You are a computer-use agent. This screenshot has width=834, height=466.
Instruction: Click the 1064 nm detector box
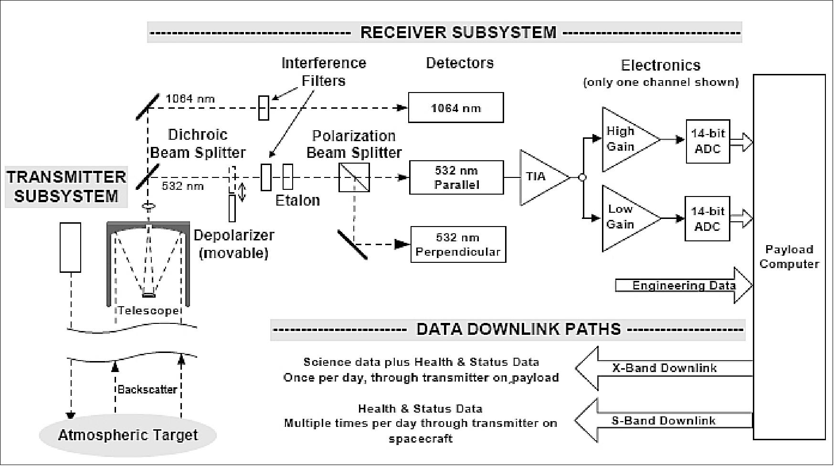point(455,108)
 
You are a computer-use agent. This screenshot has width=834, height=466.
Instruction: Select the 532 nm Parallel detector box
point(456,177)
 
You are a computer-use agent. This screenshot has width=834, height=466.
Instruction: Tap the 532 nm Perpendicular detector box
point(458,245)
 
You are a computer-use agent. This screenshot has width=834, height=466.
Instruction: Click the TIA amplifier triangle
point(539,177)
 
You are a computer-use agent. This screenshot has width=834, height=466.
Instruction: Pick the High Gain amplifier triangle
point(625,139)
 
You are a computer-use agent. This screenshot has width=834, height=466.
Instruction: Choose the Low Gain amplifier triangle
point(625,217)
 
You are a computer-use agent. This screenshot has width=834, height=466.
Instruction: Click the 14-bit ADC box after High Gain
point(707,142)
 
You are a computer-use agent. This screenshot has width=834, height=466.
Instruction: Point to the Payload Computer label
point(789,257)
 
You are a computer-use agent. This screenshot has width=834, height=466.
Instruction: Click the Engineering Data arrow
point(683,285)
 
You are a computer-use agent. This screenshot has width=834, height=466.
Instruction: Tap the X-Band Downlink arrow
point(664,368)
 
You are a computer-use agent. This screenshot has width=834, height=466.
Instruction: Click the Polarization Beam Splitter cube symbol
point(354,177)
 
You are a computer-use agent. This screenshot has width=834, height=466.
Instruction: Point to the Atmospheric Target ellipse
point(127,435)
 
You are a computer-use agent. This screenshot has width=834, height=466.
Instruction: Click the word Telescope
point(148,311)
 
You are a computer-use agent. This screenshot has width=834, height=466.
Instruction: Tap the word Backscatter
point(147,389)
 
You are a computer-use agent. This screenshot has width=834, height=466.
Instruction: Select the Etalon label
point(297,200)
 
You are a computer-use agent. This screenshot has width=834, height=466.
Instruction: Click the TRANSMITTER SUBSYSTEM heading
point(66,186)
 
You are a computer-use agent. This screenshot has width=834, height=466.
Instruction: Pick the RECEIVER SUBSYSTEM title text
point(458,32)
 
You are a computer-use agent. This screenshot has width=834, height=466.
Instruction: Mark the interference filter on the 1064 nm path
point(264,108)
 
